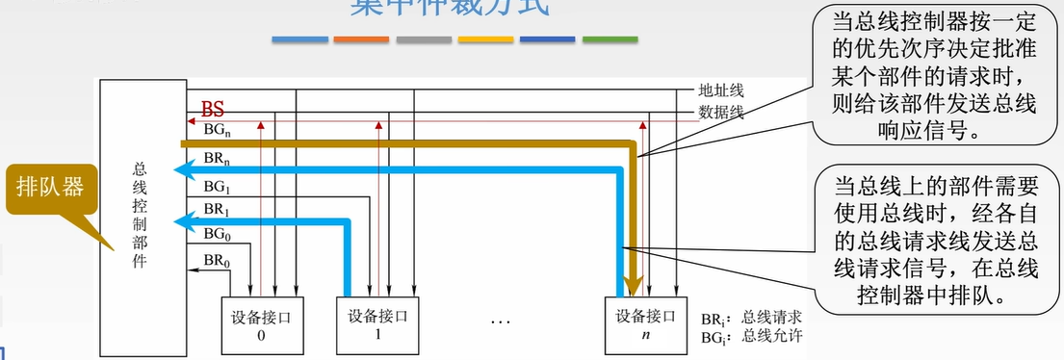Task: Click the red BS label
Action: pyautogui.click(x=212, y=108)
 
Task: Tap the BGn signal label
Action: pyautogui.click(x=216, y=129)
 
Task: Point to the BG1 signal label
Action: pyautogui.click(x=215, y=186)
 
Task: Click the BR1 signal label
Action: pyautogui.click(x=215, y=210)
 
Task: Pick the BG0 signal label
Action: pyautogui.click(x=215, y=234)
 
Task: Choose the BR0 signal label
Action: pyautogui.click(x=215, y=259)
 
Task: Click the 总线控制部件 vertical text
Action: pyautogui.click(x=140, y=214)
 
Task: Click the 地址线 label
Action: pyautogui.click(x=721, y=92)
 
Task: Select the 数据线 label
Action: pyautogui.click(x=721, y=113)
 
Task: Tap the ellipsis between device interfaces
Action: pyautogui.click(x=500, y=320)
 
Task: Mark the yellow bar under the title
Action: pyautogui.click(x=485, y=39)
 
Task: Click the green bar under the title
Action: pyautogui.click(x=610, y=39)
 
